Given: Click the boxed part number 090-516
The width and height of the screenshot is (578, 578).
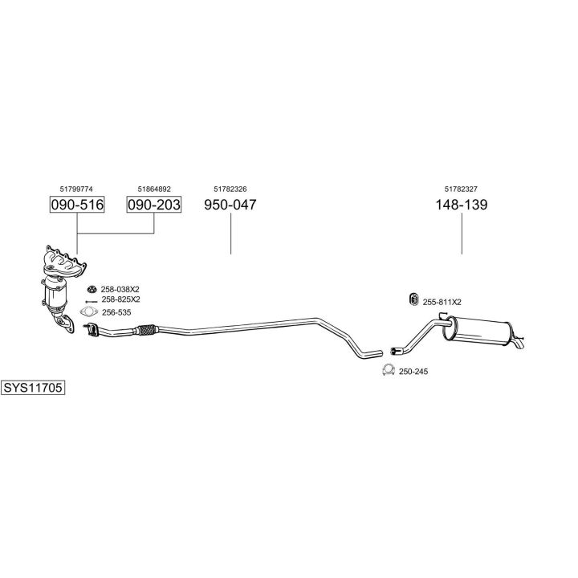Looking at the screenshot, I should coord(77,205).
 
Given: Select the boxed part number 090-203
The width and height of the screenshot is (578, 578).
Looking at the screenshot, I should coord(153,205).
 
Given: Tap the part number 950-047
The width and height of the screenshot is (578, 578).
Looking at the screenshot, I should coord(230,205).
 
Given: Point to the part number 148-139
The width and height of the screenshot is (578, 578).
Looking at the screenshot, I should coord(462,205).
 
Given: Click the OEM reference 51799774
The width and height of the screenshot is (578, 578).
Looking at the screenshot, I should coord(76,189).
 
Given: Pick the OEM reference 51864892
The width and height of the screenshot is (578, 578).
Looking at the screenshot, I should coord(153,189).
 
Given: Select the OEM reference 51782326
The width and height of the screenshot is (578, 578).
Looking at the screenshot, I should coord(230,189).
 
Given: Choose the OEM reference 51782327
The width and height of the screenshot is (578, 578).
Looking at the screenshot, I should coord(462,189).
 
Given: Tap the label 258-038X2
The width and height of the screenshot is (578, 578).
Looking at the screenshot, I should coord(120,289).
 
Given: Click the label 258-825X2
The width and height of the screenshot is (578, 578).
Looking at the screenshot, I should coord(120,299).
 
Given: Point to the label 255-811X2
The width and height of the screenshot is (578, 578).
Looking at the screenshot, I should coord(442,302).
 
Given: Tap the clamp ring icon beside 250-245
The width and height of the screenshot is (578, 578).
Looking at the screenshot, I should coord(387,370).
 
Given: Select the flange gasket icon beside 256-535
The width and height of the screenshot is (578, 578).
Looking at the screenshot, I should coord(88,312).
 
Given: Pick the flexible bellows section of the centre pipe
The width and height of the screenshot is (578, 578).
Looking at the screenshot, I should coord(146,328).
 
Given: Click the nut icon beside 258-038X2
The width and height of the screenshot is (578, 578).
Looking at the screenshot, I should coord(91,289).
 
